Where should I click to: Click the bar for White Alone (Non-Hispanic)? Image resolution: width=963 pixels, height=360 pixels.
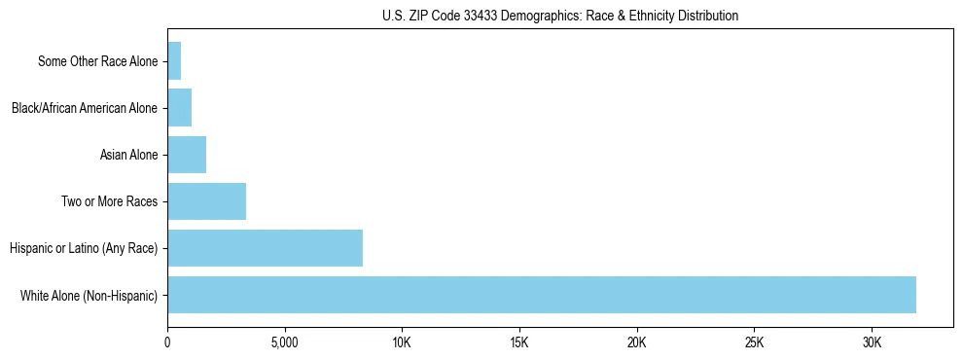point(541,295)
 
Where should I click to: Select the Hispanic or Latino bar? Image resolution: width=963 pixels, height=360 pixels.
point(265,248)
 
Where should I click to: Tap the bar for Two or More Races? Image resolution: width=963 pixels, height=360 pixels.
point(206,201)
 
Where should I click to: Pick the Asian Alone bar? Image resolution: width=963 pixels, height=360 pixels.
point(187,155)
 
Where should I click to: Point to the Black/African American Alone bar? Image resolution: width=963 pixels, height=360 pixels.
point(179,108)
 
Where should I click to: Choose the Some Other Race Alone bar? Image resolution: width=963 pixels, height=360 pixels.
point(174,61)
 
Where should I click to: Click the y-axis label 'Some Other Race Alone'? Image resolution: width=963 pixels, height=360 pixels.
point(97,61)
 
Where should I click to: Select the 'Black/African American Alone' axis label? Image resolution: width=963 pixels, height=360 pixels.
point(84,108)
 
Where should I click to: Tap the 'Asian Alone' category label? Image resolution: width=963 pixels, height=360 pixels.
point(128,155)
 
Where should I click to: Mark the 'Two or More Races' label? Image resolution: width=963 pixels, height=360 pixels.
point(109,201)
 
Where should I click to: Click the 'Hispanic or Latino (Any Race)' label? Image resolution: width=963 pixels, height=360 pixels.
point(83,248)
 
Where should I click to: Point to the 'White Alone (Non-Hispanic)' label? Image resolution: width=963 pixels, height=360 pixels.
point(89,295)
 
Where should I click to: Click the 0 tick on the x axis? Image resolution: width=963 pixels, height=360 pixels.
point(167,343)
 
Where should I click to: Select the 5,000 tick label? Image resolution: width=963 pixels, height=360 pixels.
point(285,343)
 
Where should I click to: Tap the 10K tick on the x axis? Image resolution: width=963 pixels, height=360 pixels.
point(402,343)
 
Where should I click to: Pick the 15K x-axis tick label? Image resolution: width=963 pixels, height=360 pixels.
point(519,343)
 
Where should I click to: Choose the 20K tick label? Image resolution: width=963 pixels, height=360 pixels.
point(637,343)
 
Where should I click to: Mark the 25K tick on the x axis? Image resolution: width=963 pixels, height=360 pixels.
point(754,343)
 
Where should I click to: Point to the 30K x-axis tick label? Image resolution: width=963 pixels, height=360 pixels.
point(872,343)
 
